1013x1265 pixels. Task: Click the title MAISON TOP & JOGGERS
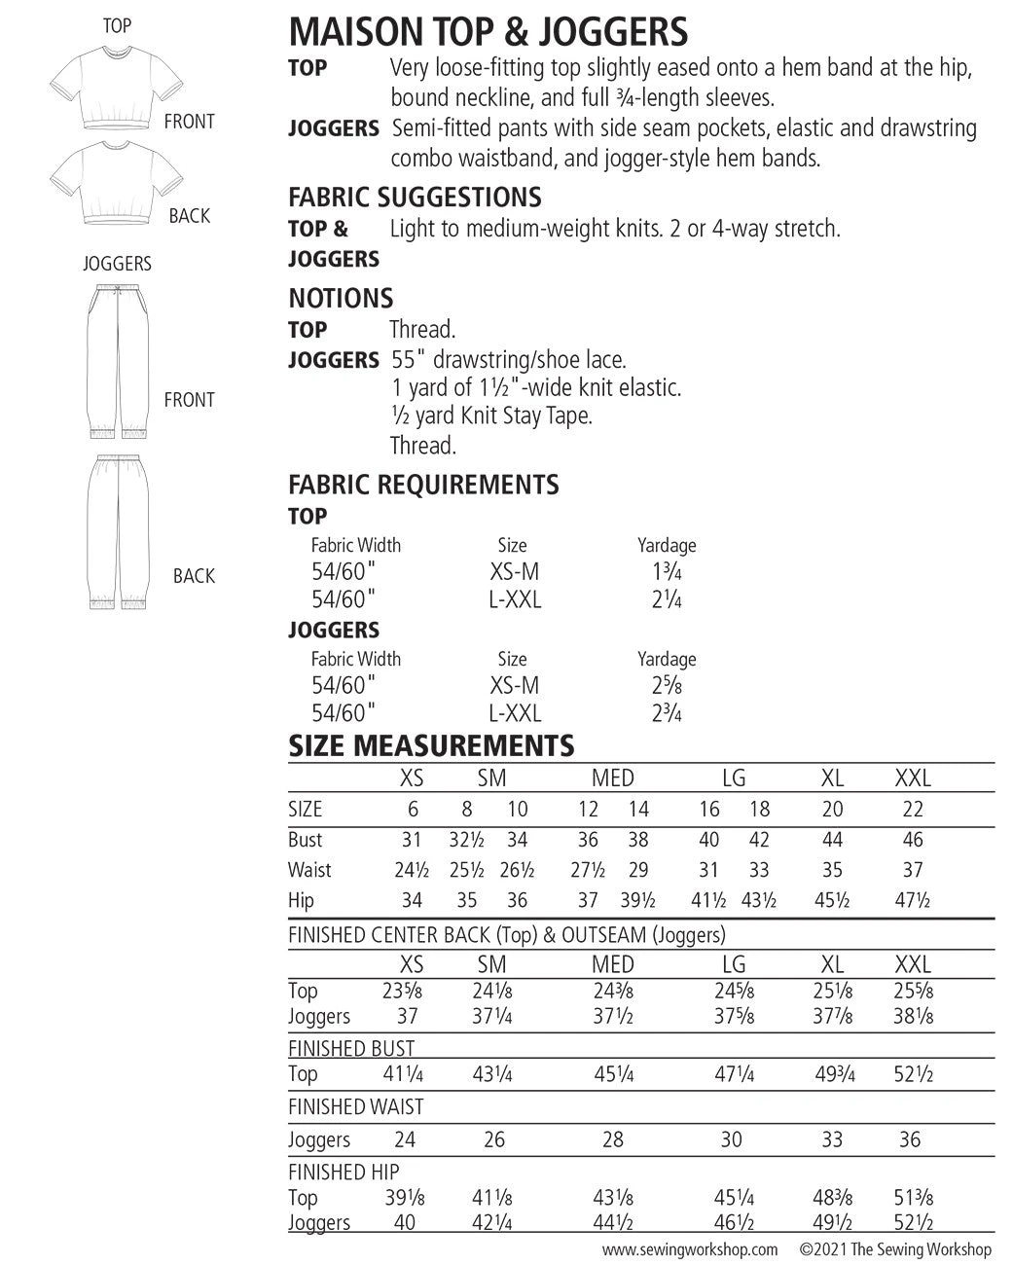(x=488, y=32)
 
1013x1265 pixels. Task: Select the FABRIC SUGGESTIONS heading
(x=415, y=198)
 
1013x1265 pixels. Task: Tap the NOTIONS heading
(x=341, y=299)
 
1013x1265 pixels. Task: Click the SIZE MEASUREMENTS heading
(x=431, y=746)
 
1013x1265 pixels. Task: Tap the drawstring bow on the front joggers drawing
(x=116, y=289)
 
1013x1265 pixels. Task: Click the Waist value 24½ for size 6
(x=412, y=870)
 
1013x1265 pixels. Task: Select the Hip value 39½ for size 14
(x=638, y=901)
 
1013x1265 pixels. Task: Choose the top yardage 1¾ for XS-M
(x=667, y=572)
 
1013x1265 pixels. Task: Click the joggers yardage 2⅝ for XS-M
(x=667, y=686)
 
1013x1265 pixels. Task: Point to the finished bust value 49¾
(x=832, y=1074)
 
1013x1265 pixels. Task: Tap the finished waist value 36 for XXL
(x=910, y=1138)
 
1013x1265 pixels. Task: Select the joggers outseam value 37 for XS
(x=408, y=1016)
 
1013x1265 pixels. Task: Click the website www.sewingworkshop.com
(x=690, y=1249)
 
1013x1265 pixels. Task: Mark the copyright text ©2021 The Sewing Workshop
(x=895, y=1249)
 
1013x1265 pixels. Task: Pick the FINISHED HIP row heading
(x=344, y=1172)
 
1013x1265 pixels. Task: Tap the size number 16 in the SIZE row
(x=709, y=810)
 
